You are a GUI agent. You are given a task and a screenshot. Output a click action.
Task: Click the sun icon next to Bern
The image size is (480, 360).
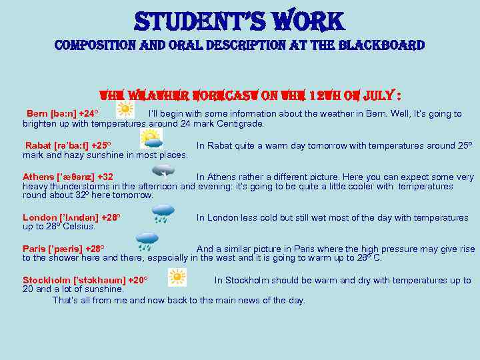pyautogui.click(x=125, y=111)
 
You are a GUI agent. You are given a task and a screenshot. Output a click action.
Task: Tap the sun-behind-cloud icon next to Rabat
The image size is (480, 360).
pyautogui.click(x=151, y=139)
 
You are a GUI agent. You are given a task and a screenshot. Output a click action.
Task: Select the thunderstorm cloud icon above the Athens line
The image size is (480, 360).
pyautogui.click(x=163, y=170)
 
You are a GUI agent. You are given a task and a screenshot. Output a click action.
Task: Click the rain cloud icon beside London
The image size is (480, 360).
pyautogui.click(x=163, y=213)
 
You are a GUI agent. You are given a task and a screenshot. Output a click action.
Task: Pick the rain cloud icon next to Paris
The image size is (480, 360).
pyautogui.click(x=147, y=241)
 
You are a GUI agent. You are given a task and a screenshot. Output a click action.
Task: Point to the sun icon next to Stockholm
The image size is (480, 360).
pyautogui.click(x=177, y=277)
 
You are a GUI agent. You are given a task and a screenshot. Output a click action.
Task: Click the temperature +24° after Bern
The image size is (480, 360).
pyautogui.click(x=88, y=114)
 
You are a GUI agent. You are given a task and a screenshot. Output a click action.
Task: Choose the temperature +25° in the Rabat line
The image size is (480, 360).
pyautogui.click(x=101, y=145)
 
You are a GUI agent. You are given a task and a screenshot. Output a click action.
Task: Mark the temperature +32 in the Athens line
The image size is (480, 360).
pyautogui.click(x=105, y=177)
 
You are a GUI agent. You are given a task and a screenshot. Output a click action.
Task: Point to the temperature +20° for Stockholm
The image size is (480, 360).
pyautogui.click(x=137, y=281)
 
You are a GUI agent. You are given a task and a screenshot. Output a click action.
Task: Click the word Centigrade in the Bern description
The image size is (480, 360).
pyautogui.click(x=241, y=123)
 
